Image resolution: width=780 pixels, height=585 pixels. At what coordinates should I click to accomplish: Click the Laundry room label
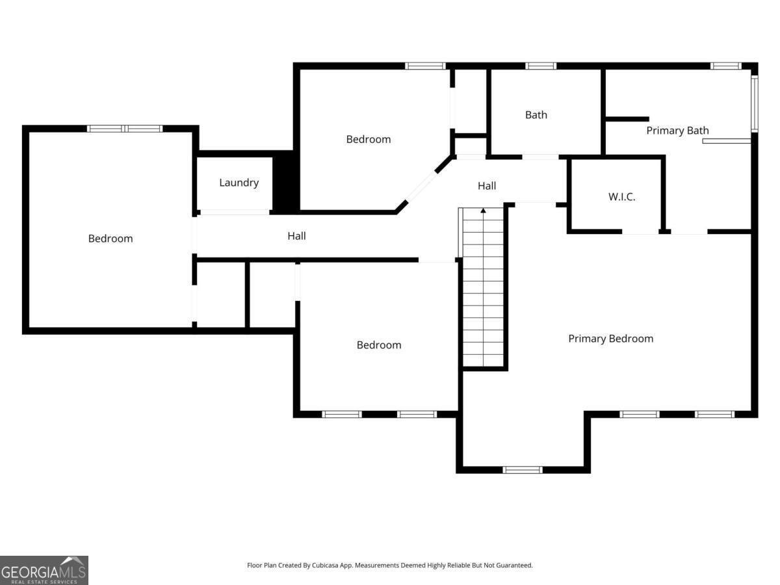coord(239,183)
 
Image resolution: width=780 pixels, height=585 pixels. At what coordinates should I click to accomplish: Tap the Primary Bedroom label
coord(610,339)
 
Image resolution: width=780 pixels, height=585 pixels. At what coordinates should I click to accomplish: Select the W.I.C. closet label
coord(621,197)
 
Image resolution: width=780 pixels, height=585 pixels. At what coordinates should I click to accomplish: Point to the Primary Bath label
coord(677,131)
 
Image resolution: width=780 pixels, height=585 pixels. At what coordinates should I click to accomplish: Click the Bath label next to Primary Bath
coord(536,115)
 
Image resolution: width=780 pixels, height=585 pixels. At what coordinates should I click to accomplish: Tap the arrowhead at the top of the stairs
coord(483,211)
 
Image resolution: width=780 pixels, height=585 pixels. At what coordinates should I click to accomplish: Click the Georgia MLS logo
coord(44,570)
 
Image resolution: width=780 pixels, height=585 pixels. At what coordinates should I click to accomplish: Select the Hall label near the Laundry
coord(296,236)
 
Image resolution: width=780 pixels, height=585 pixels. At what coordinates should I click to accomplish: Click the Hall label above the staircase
coord(486,186)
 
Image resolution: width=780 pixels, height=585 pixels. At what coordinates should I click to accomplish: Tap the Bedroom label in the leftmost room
coord(110,239)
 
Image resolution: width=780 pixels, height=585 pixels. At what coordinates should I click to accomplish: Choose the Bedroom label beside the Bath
coord(368,139)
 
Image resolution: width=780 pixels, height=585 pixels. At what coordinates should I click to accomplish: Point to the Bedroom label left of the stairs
coord(379,345)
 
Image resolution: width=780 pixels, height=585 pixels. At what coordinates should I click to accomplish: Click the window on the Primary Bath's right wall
coord(755,104)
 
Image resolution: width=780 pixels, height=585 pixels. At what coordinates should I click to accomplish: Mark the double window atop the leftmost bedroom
coord(125,129)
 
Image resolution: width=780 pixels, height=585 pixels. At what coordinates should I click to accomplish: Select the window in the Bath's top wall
coord(541,66)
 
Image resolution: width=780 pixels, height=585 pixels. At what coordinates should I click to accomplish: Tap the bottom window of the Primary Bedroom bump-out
coord(523,470)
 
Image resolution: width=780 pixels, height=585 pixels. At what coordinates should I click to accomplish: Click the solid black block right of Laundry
coord(286,182)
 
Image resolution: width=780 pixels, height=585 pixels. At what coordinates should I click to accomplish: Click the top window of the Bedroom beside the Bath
coord(425,66)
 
